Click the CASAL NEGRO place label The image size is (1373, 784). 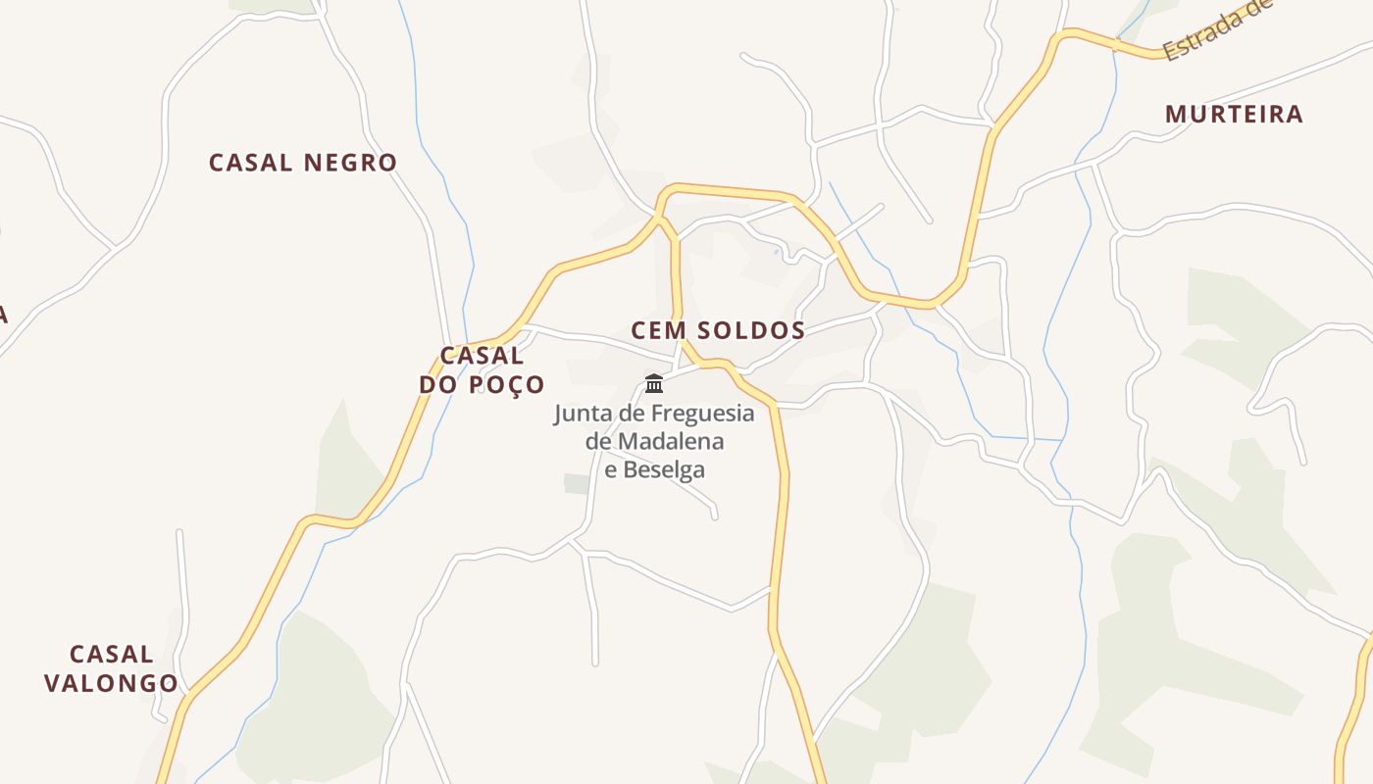pos(302,163)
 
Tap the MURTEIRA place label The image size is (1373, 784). pos(1234,115)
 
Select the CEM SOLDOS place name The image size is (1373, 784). pos(718,330)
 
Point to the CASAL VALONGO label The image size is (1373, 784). pos(111,668)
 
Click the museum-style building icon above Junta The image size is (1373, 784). pos(654,383)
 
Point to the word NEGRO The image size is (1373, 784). pos(350,163)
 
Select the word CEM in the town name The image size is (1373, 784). pos(658,330)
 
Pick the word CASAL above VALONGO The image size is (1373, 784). pos(111,654)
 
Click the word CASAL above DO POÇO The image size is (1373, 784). pos(482,355)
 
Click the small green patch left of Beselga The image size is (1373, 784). pos(577,483)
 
